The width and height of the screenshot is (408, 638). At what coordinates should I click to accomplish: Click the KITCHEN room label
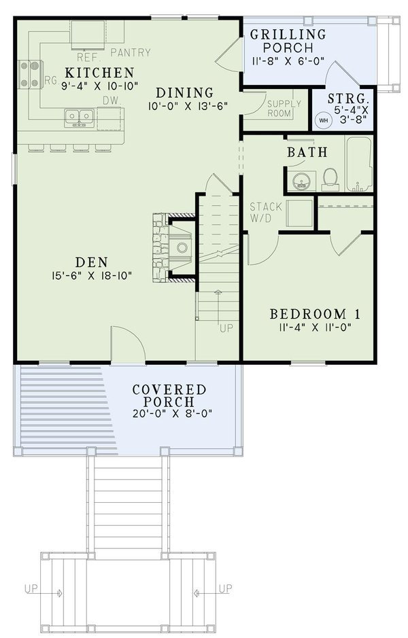tap(99, 72)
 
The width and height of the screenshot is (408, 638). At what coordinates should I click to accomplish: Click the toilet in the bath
tap(330, 179)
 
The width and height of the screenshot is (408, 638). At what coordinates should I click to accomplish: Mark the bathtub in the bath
tap(358, 165)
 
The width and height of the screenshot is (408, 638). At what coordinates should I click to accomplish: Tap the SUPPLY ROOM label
tap(279, 109)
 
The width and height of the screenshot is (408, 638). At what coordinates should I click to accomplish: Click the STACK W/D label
tap(261, 211)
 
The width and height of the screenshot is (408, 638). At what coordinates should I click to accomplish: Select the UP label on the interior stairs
tap(226, 328)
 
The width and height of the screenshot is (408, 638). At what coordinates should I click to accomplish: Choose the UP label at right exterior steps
tap(226, 588)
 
